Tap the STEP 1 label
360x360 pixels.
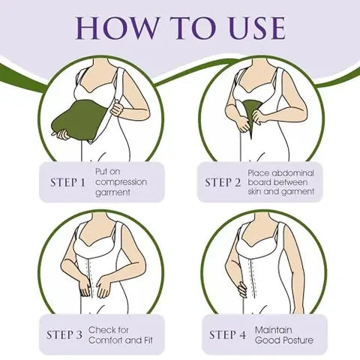click(x=68, y=182)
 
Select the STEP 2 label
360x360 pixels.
click(x=223, y=182)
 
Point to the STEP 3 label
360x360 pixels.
click(x=64, y=335)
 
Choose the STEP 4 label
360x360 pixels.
click(x=228, y=335)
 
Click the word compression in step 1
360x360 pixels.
click(x=121, y=182)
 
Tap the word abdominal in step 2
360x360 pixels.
click(x=292, y=173)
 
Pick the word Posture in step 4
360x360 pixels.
click(x=298, y=340)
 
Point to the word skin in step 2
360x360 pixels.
click(x=254, y=191)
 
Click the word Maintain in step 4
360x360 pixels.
click(x=274, y=330)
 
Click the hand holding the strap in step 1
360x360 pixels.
click(x=118, y=108)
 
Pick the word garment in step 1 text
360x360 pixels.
click(x=112, y=193)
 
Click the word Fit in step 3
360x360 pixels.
click(x=148, y=340)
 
